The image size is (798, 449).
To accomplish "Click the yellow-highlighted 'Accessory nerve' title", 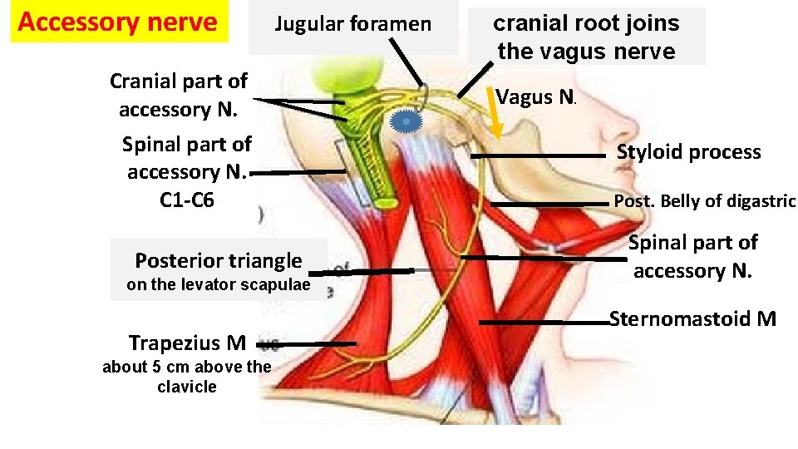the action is tap(116, 22).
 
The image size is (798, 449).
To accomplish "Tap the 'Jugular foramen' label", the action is tap(353, 24).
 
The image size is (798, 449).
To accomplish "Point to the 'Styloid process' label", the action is tap(688, 152).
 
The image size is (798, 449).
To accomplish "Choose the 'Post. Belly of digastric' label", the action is tap(704, 200).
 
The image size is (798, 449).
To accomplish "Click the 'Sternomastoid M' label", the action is tap(692, 318).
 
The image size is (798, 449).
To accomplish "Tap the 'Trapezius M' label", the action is tap(187, 343).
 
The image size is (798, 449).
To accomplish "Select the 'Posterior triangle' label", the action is tap(218, 260).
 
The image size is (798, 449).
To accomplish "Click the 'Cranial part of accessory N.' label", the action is tap(179, 95).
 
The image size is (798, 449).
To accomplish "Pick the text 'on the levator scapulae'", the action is tap(218, 285).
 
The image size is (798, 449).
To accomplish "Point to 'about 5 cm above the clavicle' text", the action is tap(186, 377).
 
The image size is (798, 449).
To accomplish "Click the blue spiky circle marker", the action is tap(406, 122).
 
